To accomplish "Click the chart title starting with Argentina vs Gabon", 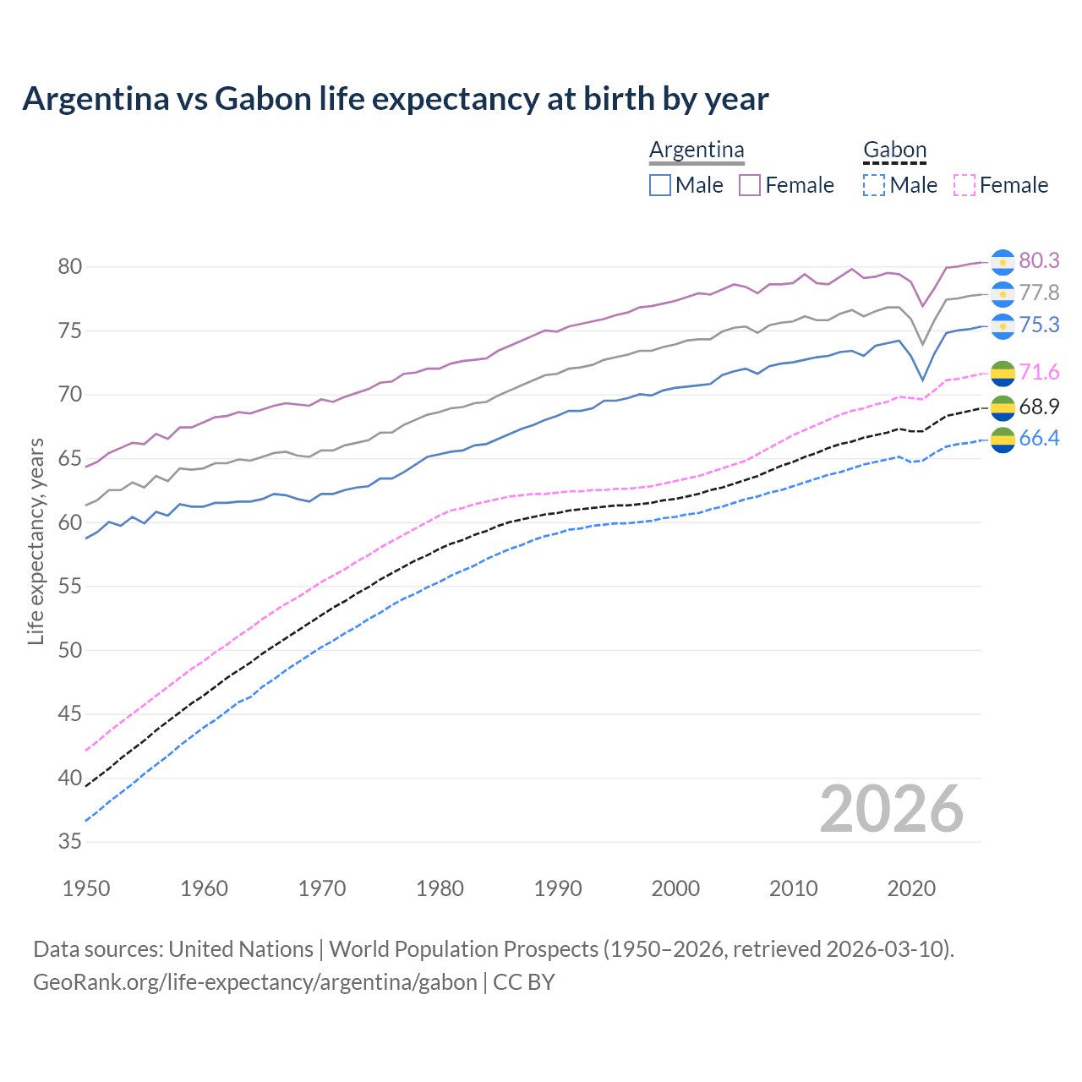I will (x=396, y=99).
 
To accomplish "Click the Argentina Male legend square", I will (x=660, y=185).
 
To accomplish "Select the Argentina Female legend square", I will (x=750, y=185).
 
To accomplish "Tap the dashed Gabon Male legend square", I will (x=874, y=185).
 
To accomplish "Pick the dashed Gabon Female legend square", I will (x=965, y=185).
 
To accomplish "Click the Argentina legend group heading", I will (x=697, y=150).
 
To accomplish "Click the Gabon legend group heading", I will (x=894, y=150).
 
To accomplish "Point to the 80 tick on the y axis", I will (x=69, y=267).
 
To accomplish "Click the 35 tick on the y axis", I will (x=69, y=842).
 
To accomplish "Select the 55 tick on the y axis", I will (x=69, y=587).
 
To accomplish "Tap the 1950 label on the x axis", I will (x=86, y=888).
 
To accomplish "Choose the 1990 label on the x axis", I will (x=558, y=888).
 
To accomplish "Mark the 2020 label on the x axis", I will (x=911, y=888).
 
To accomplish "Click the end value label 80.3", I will (x=1039, y=261).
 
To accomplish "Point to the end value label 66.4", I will (x=1039, y=438).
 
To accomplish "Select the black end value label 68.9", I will (x=1039, y=407).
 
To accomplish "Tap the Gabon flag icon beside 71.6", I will (x=1003, y=373).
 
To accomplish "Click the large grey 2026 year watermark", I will (x=891, y=809).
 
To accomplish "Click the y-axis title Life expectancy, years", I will (x=36, y=541).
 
